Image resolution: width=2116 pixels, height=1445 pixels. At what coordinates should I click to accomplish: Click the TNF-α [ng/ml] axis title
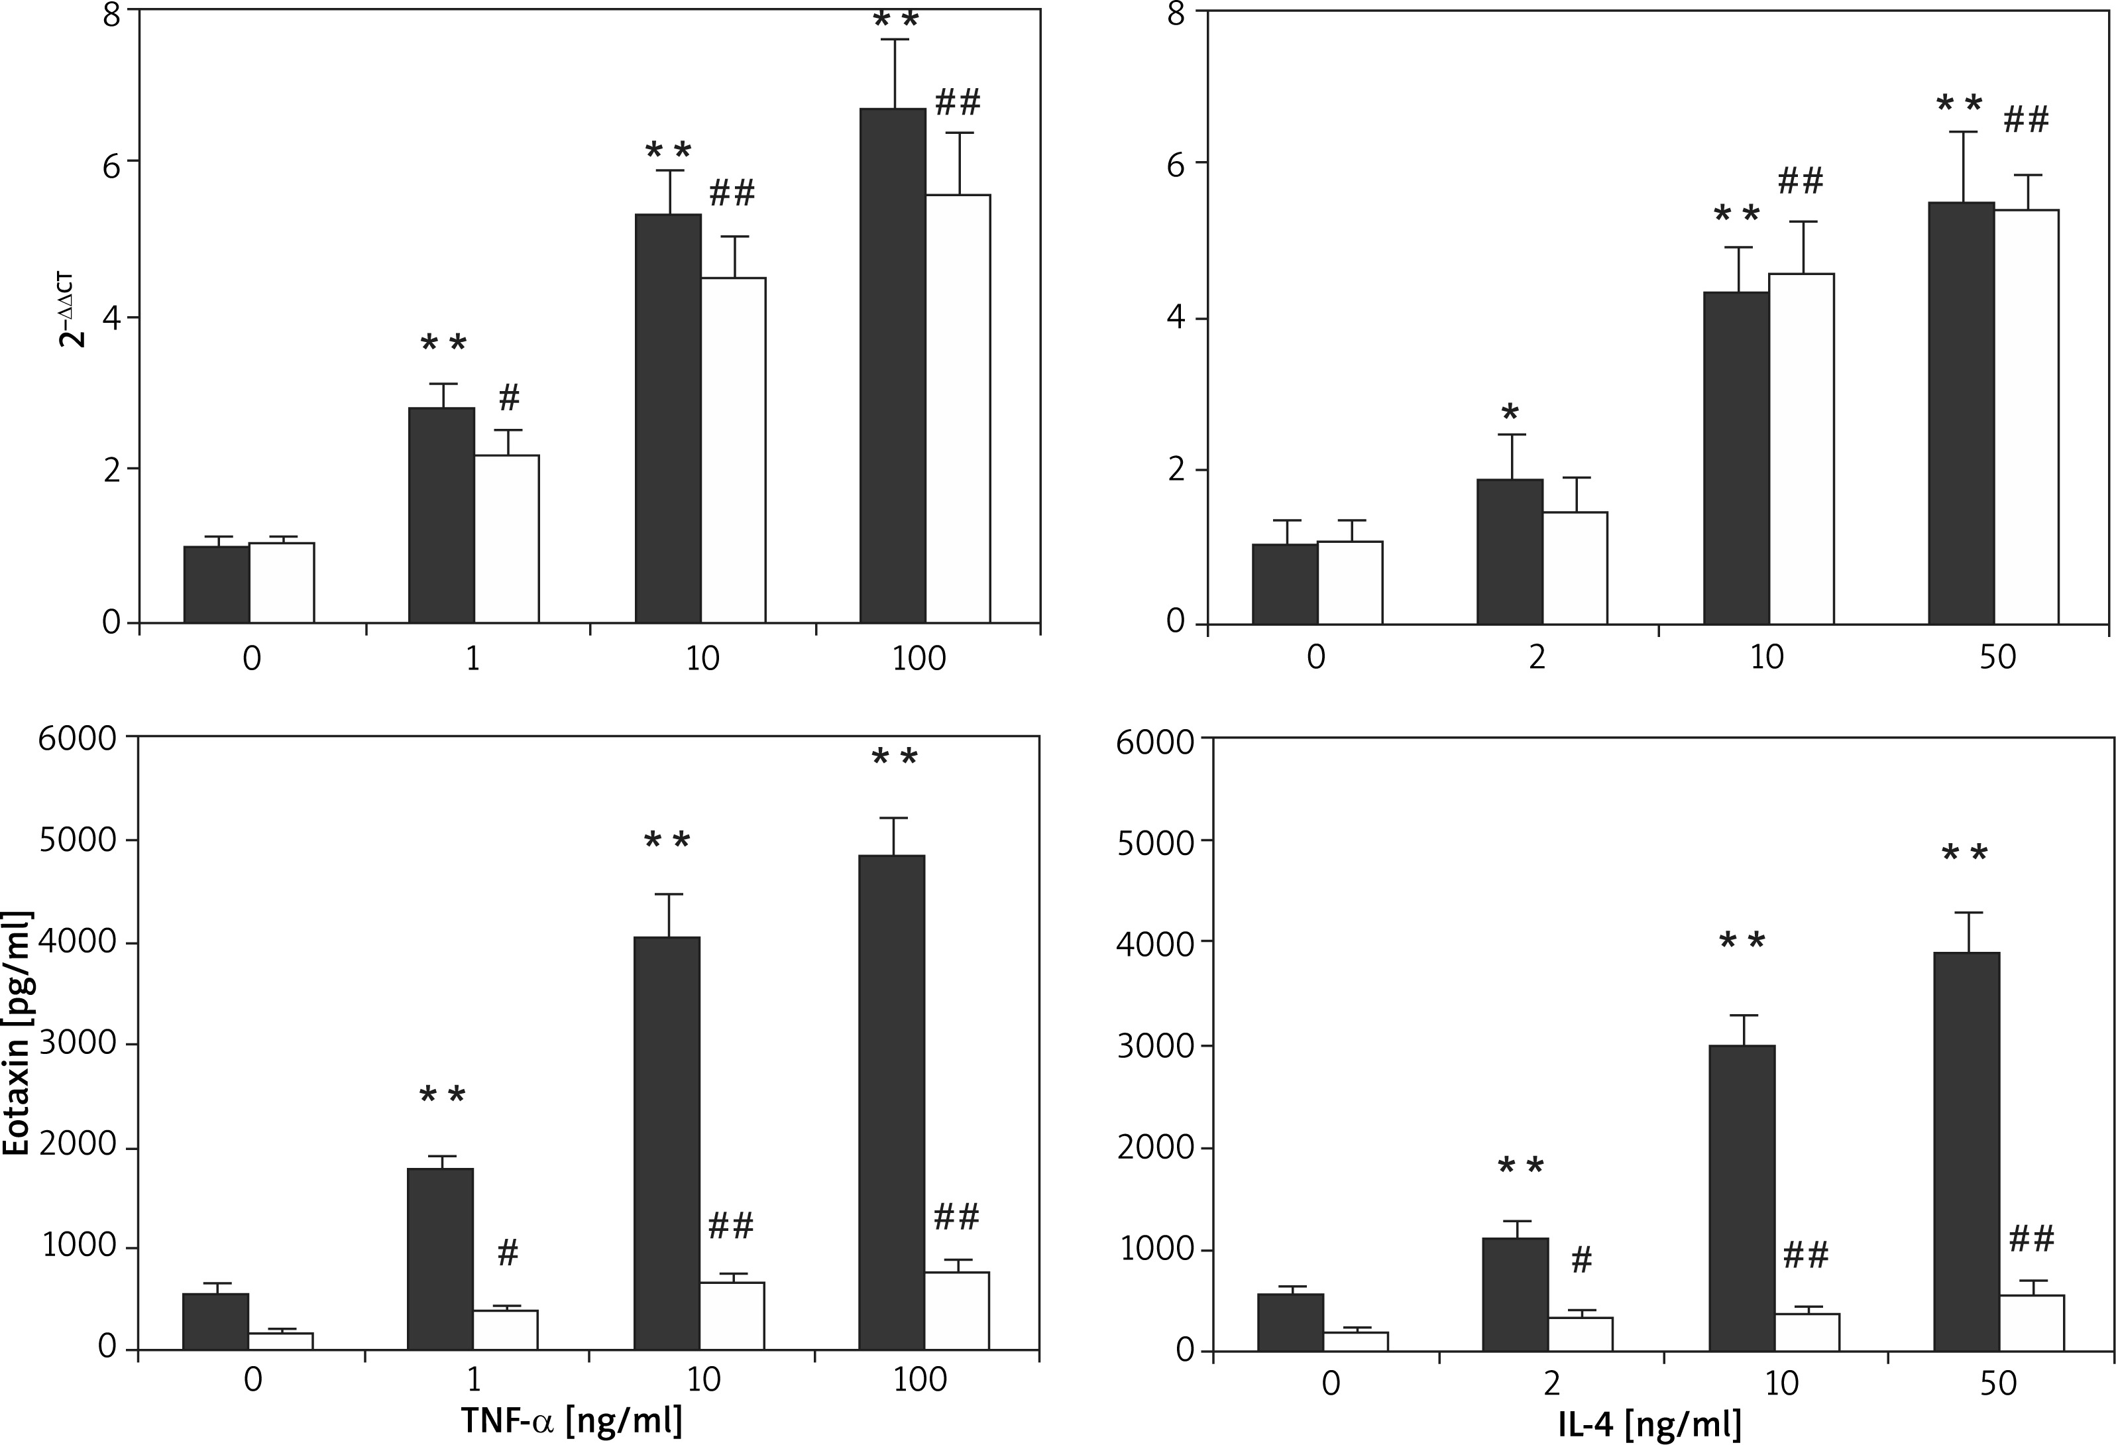[571, 1420]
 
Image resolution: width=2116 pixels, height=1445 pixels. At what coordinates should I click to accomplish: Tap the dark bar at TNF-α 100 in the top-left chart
[892, 364]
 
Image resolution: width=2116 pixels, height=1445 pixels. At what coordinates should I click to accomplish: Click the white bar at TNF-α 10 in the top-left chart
[733, 451]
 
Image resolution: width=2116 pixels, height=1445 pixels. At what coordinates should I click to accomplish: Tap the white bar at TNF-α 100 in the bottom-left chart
[956, 1310]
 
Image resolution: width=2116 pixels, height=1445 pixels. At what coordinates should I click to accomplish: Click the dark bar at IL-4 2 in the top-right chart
[1510, 551]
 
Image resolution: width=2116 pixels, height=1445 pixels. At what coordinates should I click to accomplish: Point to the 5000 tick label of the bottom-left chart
[78, 840]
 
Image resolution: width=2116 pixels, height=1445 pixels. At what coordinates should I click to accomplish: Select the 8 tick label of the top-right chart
[1176, 15]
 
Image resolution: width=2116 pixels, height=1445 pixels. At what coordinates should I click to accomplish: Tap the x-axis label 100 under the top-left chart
[919, 658]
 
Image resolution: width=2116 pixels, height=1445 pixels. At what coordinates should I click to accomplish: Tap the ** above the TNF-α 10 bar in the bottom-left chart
[667, 840]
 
